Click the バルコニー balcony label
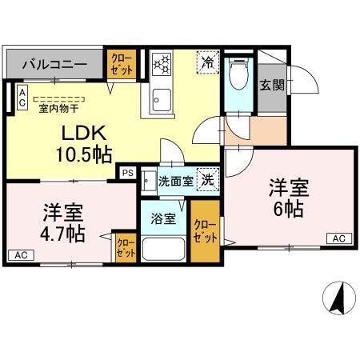tap(54, 62)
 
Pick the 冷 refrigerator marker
tap(208, 62)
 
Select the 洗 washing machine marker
tap(207, 181)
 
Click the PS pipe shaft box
tap(126, 172)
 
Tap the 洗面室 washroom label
tap(175, 182)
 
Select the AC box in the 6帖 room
tap(339, 238)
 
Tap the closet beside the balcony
tap(122, 64)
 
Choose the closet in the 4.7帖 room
tap(126, 247)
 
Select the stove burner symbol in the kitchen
tap(162, 63)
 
